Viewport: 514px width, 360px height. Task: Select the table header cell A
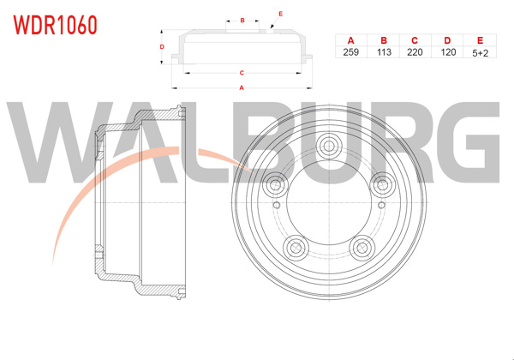350,40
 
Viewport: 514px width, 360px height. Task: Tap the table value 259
350,52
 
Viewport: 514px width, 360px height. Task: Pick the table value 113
383,52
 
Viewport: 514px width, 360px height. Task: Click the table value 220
415,52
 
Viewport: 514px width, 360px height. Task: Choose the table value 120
446,52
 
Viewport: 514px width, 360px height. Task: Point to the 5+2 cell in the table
479,52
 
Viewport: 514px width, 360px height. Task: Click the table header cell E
479,40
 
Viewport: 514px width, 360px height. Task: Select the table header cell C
415,40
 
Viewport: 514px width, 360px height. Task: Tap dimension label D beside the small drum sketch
162,46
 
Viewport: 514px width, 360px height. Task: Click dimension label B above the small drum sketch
242,20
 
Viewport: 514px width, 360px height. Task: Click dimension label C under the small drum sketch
242,73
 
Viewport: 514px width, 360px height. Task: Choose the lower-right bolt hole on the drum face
359,247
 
